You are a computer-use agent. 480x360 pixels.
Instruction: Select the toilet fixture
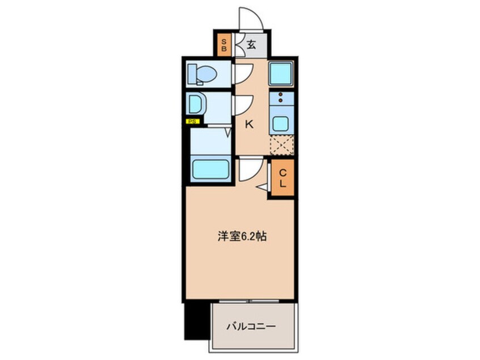[201, 74]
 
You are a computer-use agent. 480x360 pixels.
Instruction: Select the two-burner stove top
[280, 98]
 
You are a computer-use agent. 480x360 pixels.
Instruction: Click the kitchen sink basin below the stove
[280, 123]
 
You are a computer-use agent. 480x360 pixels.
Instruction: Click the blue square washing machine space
[280, 73]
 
